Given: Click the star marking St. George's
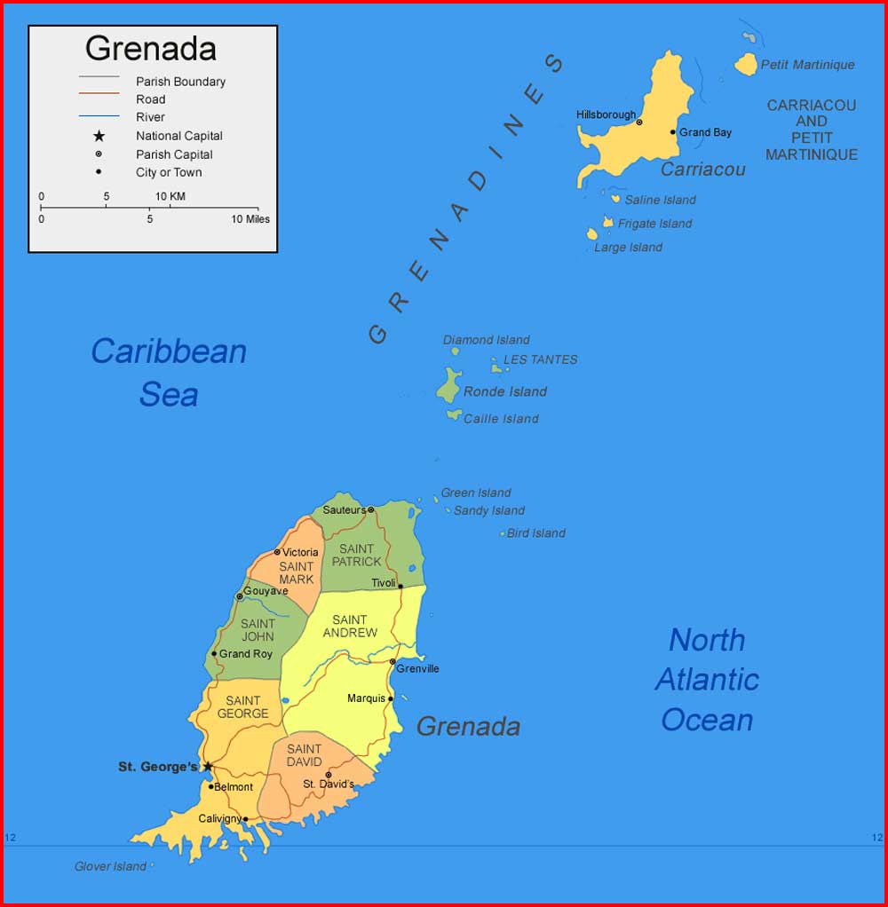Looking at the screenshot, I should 208,767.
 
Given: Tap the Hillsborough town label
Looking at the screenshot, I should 606,114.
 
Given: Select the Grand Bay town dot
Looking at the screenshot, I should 673,132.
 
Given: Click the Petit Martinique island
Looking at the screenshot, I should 746,65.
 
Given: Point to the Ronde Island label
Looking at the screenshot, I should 504,391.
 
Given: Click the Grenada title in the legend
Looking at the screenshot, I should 151,49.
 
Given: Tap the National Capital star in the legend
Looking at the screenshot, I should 99,136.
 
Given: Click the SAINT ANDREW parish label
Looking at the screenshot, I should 350,627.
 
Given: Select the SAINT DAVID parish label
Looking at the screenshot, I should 305,755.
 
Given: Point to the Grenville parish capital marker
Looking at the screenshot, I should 392,661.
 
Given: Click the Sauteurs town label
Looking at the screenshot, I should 344,510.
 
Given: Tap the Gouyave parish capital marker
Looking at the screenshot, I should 239,596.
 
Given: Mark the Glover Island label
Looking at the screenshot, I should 110,866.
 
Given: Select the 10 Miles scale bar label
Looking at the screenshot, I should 250,219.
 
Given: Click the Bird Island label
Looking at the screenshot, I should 535,533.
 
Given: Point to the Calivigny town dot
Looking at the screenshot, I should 246,818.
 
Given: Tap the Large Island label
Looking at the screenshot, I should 628,248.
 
